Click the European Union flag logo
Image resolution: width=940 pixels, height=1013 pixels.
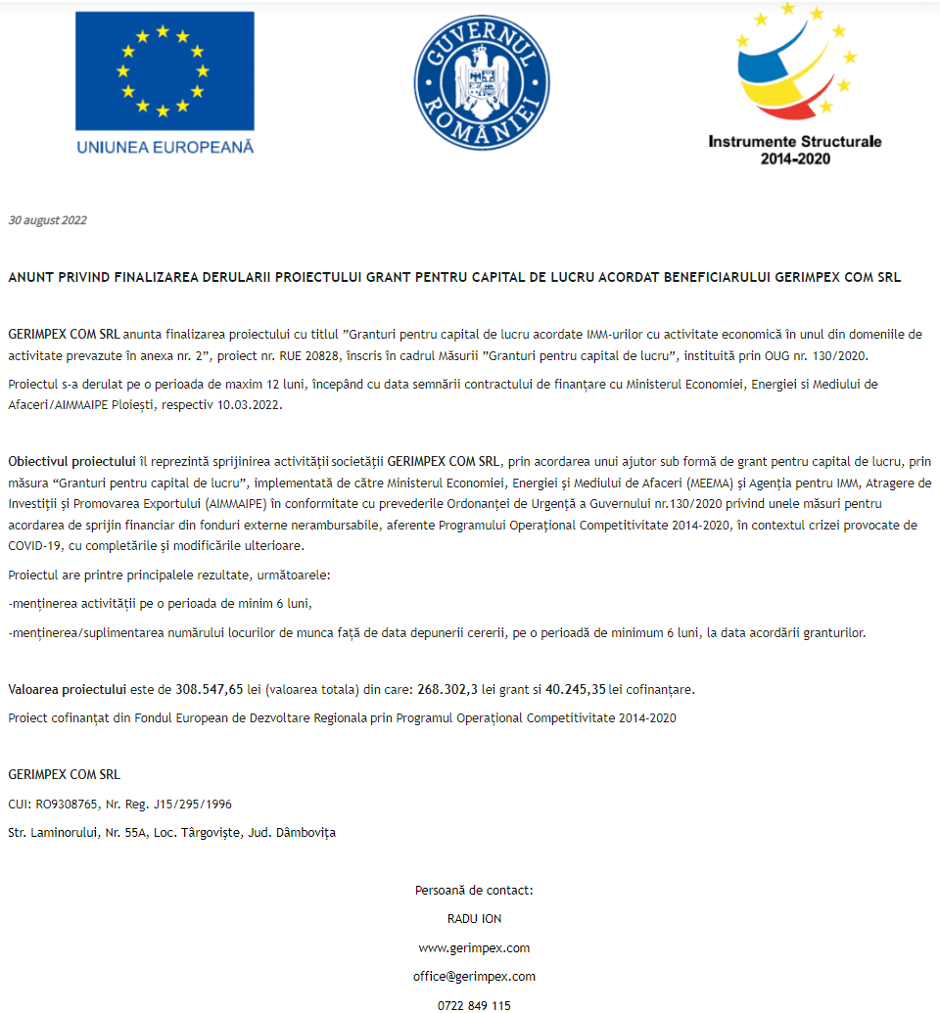(164, 71)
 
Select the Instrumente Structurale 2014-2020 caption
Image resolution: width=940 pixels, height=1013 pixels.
(794, 149)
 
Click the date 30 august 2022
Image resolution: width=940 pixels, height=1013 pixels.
(47, 220)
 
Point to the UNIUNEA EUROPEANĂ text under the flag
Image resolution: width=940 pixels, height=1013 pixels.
(164, 147)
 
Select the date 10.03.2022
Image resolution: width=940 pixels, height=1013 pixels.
(251, 404)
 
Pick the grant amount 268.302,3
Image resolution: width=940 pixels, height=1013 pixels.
(447, 689)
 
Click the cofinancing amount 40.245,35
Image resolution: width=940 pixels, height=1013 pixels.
(575, 689)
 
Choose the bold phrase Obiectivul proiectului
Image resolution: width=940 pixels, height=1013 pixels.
(71, 461)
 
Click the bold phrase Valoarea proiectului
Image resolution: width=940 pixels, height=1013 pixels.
(68, 689)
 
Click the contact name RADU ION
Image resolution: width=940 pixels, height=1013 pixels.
(474, 919)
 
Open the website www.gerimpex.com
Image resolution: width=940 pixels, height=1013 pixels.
(474, 947)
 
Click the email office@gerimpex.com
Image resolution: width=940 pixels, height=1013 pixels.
(474, 976)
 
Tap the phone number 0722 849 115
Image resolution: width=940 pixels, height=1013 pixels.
(474, 1004)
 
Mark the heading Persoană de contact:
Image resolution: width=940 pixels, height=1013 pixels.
(474, 891)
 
